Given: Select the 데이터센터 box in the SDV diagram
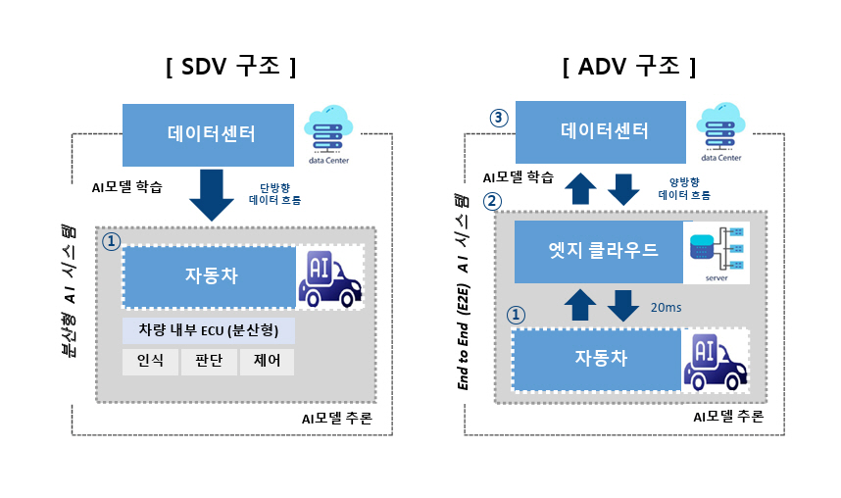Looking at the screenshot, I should (x=210, y=133).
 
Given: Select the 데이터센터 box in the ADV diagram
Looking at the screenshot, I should (x=604, y=130).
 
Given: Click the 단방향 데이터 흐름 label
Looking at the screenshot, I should (x=274, y=193).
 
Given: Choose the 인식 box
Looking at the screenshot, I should (x=150, y=361).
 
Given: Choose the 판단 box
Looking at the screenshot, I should (x=209, y=361).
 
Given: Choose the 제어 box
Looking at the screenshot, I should (x=267, y=361).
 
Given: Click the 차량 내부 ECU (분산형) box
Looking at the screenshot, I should (x=209, y=330).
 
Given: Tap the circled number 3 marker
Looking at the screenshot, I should (x=499, y=118).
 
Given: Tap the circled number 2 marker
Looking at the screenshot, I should (x=493, y=201).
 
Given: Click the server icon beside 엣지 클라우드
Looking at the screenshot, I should (x=717, y=252).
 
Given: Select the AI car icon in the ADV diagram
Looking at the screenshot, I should (x=715, y=361).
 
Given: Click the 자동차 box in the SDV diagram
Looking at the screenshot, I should (x=210, y=276).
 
